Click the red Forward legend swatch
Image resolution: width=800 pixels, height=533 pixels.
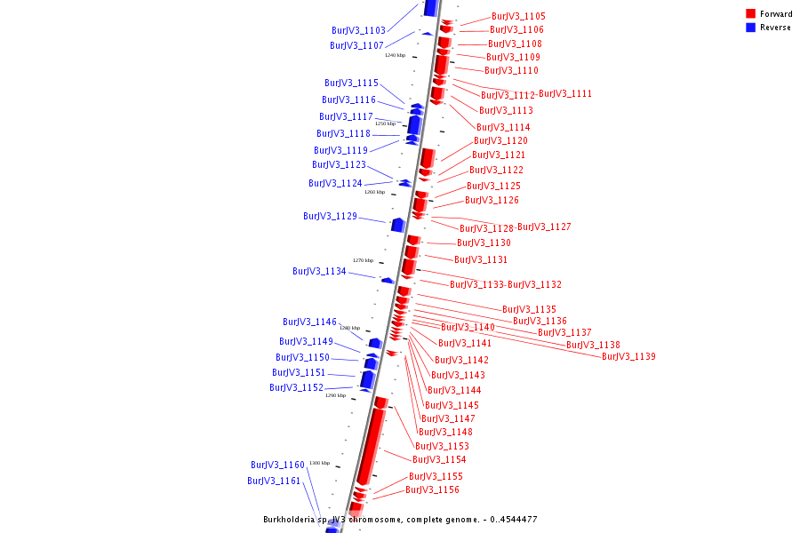[751, 14]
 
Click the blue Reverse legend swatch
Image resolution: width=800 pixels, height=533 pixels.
[751, 28]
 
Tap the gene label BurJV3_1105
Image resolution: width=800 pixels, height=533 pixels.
[518, 17]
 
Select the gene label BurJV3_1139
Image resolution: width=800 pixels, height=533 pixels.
[628, 357]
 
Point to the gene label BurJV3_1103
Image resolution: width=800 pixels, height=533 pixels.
[358, 31]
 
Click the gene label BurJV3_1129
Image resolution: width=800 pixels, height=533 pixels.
[330, 217]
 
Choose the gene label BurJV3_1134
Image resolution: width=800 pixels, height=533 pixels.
[319, 272]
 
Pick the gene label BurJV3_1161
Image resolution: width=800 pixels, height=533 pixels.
[274, 481]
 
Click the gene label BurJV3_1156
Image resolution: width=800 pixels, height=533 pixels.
[432, 490]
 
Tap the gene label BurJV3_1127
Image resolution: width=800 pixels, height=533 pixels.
[544, 227]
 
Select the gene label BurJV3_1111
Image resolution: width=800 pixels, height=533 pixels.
[565, 94]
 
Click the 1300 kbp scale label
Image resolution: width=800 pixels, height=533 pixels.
[319, 463]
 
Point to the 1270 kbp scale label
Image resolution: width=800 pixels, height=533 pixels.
[363, 260]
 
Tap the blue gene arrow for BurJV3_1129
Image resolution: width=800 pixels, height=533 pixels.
[397, 225]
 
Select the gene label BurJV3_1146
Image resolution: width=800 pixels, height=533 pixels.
[309, 322]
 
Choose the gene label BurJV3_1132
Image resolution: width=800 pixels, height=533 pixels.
[534, 285]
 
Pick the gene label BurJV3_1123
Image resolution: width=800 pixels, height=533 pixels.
[339, 165]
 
